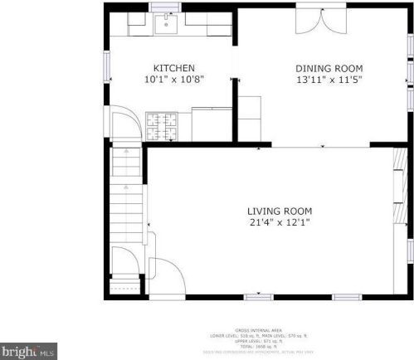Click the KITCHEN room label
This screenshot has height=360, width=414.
174,68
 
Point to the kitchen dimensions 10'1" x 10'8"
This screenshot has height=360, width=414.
174,80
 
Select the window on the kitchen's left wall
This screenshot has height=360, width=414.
106,66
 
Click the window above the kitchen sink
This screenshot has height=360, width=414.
161,7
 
